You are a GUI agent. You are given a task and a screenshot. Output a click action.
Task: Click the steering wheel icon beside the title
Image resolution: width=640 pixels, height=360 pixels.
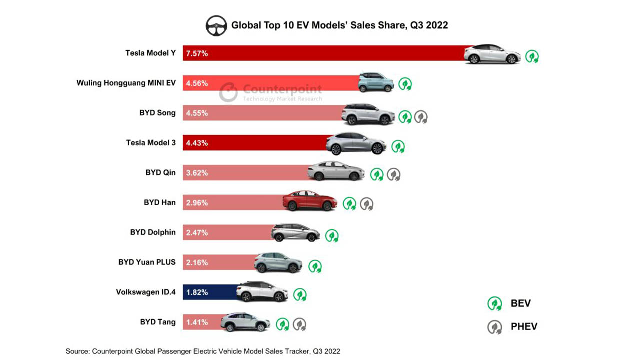coord(216,25)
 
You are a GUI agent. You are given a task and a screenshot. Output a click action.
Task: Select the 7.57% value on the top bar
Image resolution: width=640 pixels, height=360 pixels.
coord(197,53)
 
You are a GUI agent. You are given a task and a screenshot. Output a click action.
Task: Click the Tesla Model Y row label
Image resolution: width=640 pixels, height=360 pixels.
coord(150,53)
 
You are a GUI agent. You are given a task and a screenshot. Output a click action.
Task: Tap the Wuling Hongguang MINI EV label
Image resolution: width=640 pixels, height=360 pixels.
coord(126,83)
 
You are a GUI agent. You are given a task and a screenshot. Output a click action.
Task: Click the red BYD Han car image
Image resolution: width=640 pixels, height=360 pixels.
coord(310,201)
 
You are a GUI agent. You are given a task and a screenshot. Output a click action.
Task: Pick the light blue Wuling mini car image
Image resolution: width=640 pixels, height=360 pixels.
coord(376,82)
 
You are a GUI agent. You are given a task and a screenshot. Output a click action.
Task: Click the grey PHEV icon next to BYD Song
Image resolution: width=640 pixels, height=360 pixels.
coord(421,117)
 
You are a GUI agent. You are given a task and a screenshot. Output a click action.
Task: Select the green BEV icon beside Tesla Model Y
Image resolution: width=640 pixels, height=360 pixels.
coord(532,56)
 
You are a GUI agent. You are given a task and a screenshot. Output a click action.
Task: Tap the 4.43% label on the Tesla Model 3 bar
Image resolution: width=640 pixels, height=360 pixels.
coord(197,143)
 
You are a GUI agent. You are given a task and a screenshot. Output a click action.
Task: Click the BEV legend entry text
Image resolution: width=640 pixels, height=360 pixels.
coord(520,303)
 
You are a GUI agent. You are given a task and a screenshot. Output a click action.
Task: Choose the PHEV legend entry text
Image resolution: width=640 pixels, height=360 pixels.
coord(524,327)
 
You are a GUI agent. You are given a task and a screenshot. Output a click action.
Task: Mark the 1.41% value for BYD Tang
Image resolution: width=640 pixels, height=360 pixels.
coord(197,322)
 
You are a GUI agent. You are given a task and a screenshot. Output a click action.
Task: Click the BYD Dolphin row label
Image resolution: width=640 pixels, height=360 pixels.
coord(153,232)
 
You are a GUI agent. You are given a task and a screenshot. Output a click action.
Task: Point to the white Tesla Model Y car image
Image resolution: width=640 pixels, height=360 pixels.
coord(492,54)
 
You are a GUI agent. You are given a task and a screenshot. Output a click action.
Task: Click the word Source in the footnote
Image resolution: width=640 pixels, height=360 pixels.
coord(77,351)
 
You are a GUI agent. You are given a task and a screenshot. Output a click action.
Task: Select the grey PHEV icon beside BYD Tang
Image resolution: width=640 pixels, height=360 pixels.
coord(299,324)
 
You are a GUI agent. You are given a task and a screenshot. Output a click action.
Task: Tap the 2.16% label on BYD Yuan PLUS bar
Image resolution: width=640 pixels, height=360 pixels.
coord(197,262)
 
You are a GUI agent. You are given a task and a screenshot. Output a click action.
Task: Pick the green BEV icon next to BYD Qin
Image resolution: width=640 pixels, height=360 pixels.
coord(377,174)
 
